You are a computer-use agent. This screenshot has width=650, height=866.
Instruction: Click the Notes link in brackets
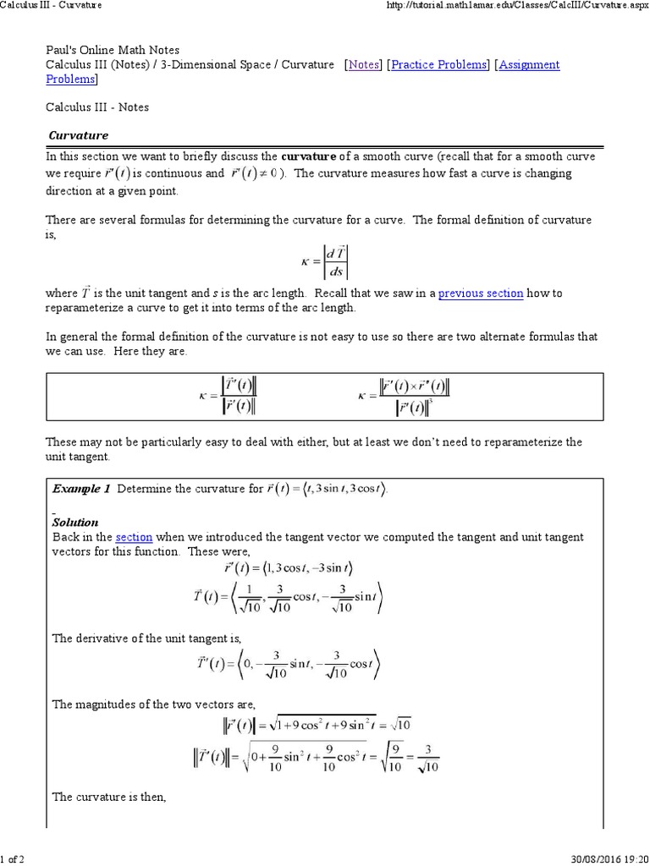point(365,65)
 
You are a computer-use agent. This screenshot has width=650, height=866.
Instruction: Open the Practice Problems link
point(439,65)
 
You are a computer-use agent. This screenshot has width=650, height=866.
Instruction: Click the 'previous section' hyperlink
point(481,293)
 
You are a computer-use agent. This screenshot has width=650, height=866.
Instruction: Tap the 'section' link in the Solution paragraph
point(134,537)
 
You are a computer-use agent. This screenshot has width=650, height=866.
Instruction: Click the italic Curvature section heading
point(78,135)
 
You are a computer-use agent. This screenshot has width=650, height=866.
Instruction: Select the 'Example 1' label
point(81,489)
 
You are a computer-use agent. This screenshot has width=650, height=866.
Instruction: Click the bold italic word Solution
point(75,523)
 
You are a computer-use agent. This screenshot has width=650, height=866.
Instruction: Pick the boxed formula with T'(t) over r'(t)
point(226,396)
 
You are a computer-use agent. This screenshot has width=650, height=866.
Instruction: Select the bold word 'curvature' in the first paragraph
point(309,156)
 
